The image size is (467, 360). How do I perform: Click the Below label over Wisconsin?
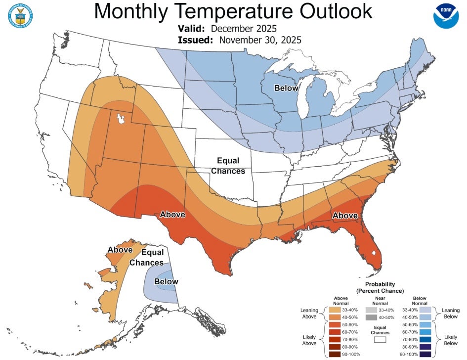coord(287,88)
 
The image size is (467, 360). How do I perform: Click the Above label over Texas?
coord(172,215)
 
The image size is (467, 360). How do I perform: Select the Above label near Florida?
coord(345,216)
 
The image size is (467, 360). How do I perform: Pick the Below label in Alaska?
coord(166,282)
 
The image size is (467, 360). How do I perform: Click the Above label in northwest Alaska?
coord(120,250)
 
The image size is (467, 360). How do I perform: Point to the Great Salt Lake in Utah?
coord(120,119)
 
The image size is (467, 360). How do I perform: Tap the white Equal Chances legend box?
coord(380,340)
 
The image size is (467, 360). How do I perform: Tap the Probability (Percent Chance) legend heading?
coord(380,287)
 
